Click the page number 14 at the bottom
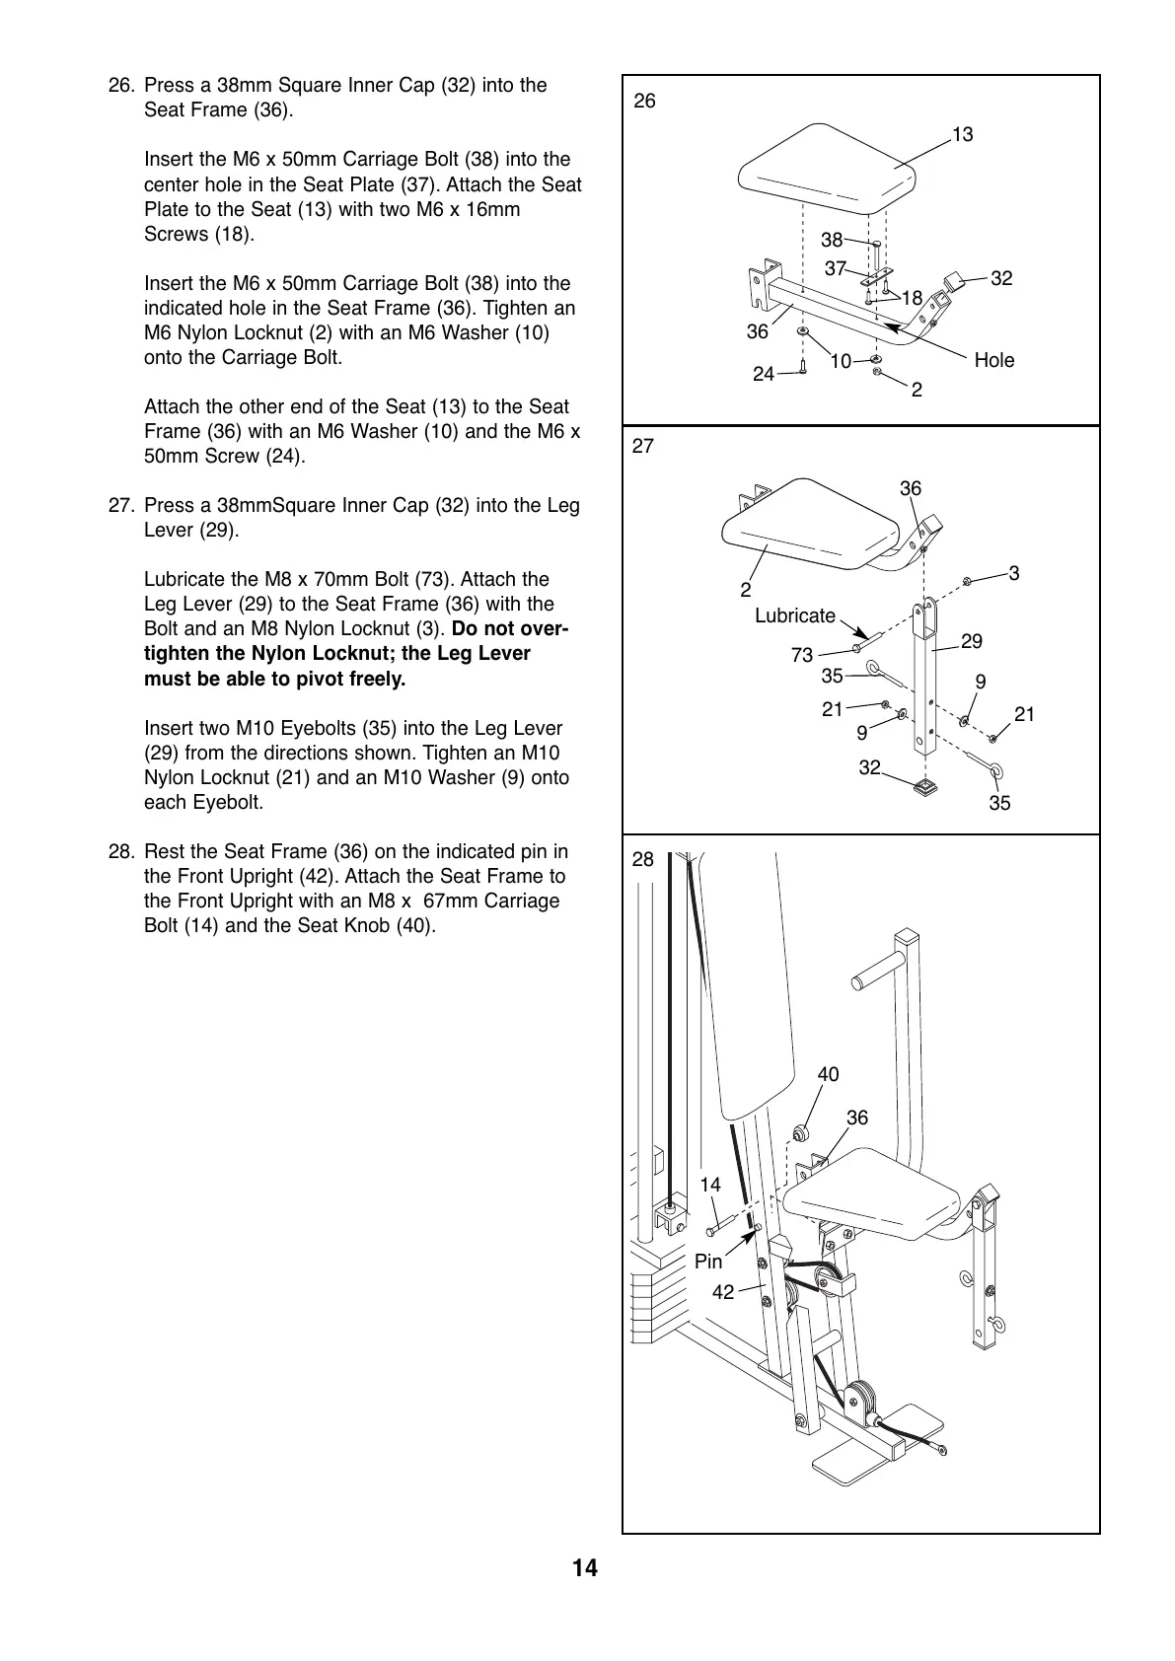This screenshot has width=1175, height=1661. click(x=584, y=1567)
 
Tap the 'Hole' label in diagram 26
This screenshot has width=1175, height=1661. click(x=993, y=360)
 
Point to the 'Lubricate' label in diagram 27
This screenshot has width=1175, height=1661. click(x=794, y=615)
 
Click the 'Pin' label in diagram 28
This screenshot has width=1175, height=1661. click(x=708, y=1262)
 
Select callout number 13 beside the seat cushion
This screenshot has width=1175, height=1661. click(x=962, y=134)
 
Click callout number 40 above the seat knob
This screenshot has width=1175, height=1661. click(x=828, y=1074)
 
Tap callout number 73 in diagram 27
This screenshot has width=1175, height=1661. click(x=802, y=655)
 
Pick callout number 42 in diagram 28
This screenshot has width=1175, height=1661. click(x=723, y=1291)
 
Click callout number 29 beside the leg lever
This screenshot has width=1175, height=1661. click(x=971, y=641)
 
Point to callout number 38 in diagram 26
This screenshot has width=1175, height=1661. click(x=832, y=239)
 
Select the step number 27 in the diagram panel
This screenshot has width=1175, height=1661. click(x=642, y=446)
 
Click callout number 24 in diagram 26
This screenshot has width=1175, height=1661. click(x=764, y=374)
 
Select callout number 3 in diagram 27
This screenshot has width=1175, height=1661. click(x=1013, y=573)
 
